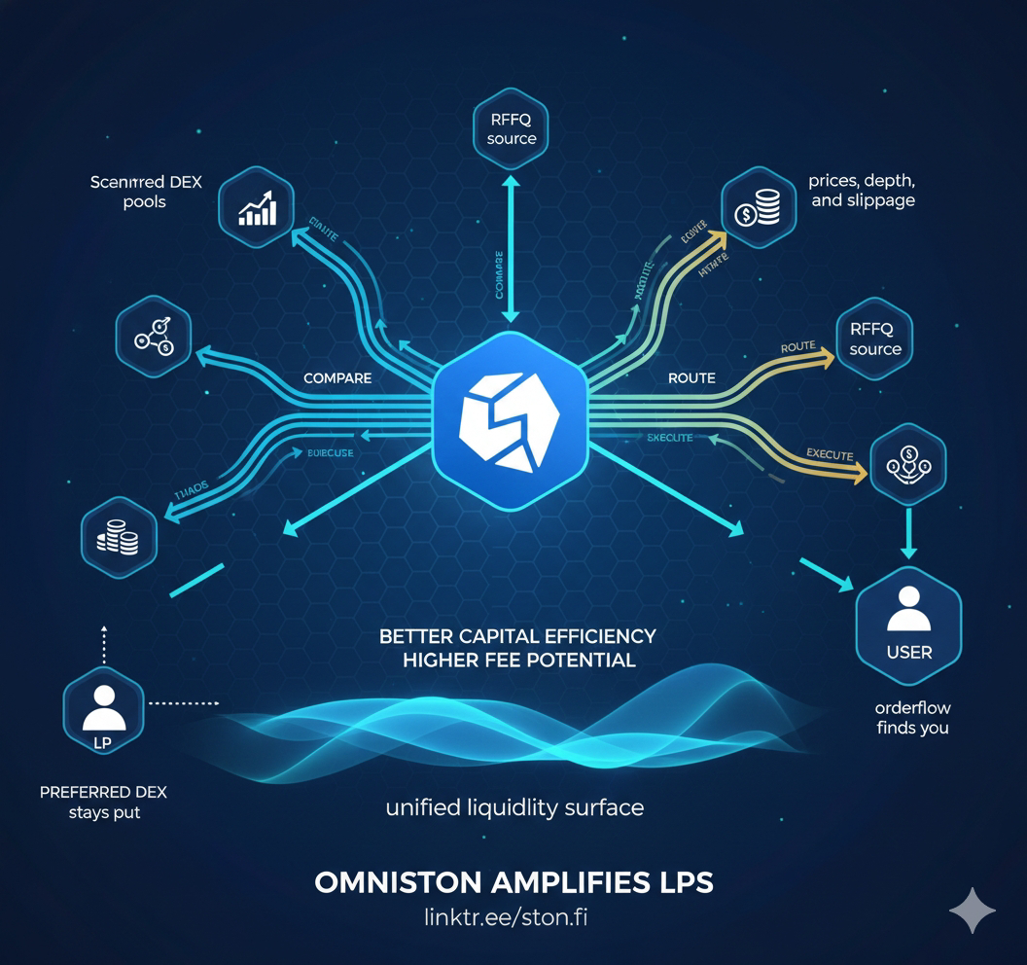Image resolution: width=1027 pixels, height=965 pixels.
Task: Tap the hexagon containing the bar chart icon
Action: click(257, 207)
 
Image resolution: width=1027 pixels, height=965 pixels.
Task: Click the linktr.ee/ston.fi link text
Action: click(513, 917)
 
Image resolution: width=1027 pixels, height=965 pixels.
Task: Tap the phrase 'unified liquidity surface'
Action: click(514, 807)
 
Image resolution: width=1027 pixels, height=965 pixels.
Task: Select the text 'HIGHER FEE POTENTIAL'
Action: click(518, 660)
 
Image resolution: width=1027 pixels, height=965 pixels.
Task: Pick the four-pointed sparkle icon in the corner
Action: click(973, 911)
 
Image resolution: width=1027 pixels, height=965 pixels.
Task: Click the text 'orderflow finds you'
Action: click(911, 718)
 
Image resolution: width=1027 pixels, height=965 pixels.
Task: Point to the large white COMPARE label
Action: click(337, 377)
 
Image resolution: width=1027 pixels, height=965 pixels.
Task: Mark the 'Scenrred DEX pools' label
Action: click(146, 192)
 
